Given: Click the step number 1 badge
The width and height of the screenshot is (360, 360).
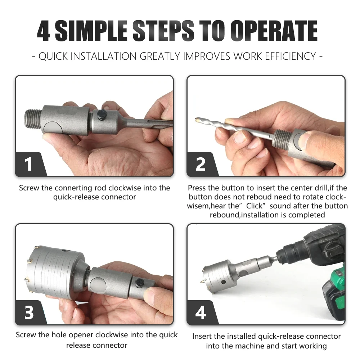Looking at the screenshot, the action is [x=29, y=164].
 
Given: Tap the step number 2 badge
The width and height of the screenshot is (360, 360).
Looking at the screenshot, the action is [x=201, y=164].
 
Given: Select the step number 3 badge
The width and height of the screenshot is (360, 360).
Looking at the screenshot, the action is [x=29, y=312].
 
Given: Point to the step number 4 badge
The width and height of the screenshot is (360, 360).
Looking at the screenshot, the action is [x=201, y=312].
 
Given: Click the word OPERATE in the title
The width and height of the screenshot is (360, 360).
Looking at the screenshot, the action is [x=274, y=31].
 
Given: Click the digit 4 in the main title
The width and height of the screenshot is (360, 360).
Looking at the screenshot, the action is [x=44, y=31].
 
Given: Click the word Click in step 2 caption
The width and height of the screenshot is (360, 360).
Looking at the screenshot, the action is [x=255, y=206].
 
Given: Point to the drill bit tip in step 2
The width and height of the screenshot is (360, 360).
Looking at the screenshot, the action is [x=197, y=119].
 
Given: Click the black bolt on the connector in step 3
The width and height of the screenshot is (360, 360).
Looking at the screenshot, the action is [x=140, y=283].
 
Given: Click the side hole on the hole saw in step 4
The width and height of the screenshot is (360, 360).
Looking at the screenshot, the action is [x=224, y=282].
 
